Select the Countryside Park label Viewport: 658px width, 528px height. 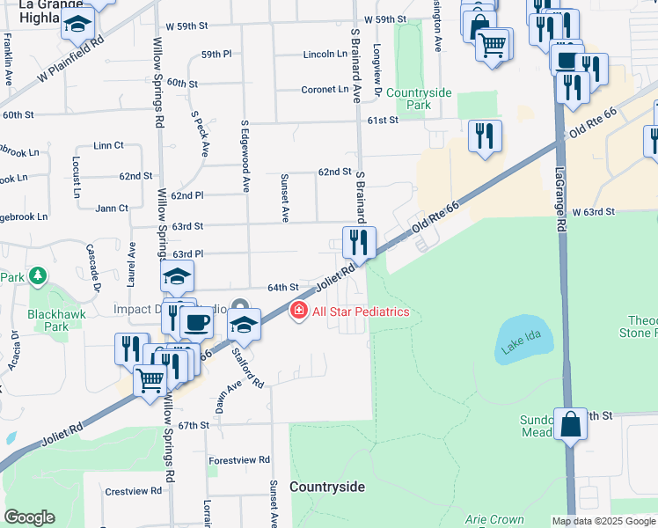click(x=419, y=99)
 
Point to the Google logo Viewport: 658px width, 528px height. click(x=29, y=517)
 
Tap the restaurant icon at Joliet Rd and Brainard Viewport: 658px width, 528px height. click(x=359, y=241)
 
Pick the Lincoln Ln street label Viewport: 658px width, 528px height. click(x=325, y=55)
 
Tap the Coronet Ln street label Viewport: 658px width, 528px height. click(x=325, y=89)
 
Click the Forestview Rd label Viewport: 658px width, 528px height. click(x=239, y=460)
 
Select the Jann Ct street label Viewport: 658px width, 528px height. click(x=112, y=209)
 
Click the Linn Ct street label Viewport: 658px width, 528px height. click(x=107, y=145)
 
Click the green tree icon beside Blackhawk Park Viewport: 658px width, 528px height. click(x=37, y=278)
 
